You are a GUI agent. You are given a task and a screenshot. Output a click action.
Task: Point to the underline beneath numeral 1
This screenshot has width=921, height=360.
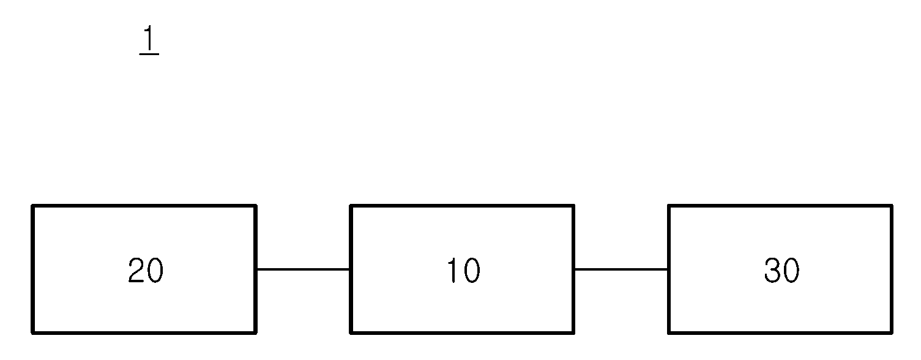(149, 53)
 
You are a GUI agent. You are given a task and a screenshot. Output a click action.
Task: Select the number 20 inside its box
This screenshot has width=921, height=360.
(146, 271)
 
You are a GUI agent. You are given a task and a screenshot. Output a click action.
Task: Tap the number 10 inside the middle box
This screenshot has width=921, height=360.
(463, 271)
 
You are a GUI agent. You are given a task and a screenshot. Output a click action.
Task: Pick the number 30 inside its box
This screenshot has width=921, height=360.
(781, 271)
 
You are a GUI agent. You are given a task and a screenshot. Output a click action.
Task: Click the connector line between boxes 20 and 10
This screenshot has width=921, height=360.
(304, 269)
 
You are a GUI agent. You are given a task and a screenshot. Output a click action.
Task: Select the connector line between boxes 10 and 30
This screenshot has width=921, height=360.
(621, 269)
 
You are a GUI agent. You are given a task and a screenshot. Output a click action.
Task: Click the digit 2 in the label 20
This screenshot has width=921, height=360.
(136, 271)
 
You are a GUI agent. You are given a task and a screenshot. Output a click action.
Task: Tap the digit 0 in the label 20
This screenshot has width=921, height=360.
(155, 271)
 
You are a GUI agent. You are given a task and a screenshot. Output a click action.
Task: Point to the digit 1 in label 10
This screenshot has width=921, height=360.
(452, 271)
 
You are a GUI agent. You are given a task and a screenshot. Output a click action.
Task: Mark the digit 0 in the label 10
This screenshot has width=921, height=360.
(472, 271)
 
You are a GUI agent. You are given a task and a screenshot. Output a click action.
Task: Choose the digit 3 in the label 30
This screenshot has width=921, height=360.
(772, 271)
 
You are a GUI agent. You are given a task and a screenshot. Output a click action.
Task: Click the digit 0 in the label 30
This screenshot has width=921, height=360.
(791, 271)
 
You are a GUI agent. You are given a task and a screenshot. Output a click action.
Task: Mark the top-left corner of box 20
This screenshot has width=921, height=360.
(32, 206)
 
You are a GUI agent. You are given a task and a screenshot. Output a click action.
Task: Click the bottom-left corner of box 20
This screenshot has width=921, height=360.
(32, 332)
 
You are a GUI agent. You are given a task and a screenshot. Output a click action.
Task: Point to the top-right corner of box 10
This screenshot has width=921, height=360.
(573, 206)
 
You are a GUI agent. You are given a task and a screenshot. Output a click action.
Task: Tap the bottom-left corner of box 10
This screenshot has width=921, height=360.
(351, 332)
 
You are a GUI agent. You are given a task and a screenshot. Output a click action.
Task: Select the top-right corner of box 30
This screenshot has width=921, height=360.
(892, 206)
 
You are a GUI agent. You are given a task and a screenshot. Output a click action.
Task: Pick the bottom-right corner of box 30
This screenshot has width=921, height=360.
(892, 332)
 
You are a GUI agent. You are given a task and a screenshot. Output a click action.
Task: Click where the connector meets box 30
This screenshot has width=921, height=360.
(668, 269)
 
